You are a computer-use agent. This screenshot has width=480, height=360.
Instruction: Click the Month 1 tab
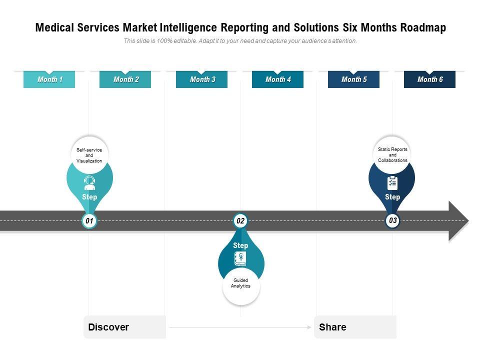49,79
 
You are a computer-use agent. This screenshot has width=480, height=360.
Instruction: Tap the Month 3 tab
201,79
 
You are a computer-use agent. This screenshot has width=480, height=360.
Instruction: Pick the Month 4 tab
277,79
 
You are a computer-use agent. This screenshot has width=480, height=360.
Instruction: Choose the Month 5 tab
353,79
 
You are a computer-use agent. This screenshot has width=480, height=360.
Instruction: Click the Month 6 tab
429,79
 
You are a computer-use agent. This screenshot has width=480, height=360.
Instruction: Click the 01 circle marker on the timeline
89,220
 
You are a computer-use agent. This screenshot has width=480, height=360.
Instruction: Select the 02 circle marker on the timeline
240,220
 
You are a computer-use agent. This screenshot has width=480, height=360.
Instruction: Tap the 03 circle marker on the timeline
392,220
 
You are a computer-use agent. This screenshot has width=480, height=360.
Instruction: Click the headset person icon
89,182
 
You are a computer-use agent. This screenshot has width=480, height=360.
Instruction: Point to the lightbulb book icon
240,258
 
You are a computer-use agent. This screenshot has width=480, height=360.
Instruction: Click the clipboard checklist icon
392,183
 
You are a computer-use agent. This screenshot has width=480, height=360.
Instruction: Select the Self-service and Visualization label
89,155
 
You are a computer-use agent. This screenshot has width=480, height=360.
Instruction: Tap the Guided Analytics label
240,283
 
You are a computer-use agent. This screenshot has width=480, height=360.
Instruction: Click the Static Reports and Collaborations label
392,154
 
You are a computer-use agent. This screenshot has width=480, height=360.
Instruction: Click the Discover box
124,327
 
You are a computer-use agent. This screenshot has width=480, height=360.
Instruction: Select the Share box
355,327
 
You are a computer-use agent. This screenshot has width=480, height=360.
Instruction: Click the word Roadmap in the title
422,28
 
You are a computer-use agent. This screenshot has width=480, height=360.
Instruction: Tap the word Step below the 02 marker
240,245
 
